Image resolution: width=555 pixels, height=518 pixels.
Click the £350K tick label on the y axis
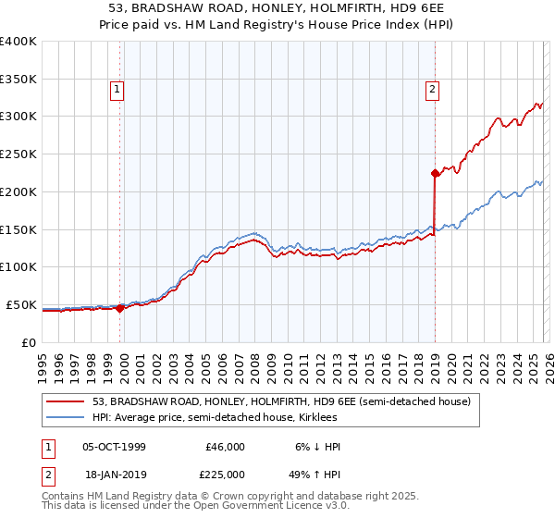(18, 80)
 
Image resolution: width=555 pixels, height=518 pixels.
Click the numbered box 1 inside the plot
(118, 90)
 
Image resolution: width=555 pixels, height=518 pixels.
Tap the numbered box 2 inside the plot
(432, 90)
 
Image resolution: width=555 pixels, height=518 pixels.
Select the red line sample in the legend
(66, 401)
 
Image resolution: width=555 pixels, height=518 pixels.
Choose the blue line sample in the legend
(66, 418)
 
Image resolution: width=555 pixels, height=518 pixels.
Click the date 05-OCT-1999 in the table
(114, 447)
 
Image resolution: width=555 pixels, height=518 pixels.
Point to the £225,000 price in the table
(226, 473)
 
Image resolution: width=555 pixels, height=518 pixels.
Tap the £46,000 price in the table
(226, 447)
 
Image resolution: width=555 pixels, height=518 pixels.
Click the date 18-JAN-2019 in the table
(114, 473)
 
